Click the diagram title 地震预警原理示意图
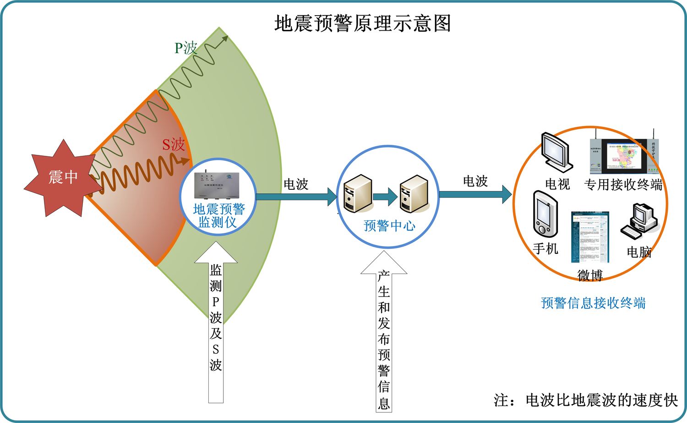point(362,23)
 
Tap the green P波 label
point(185,48)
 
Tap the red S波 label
point(173,145)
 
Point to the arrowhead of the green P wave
point(224,38)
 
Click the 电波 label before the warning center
point(296,184)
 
